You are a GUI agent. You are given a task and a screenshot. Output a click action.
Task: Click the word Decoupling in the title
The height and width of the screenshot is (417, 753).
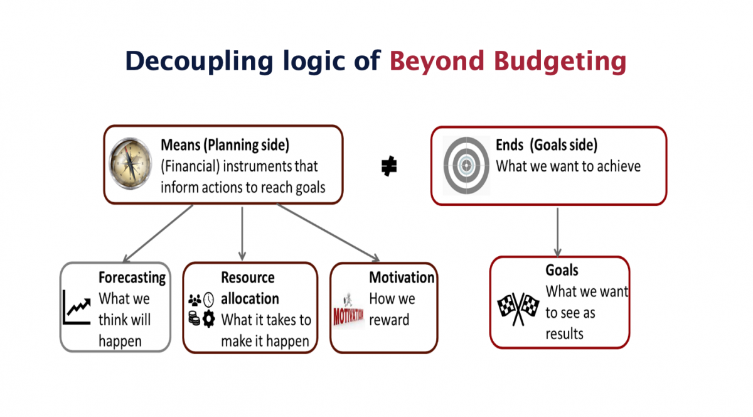click(x=200, y=62)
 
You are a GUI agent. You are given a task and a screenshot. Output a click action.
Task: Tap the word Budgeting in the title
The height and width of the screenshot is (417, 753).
click(x=560, y=62)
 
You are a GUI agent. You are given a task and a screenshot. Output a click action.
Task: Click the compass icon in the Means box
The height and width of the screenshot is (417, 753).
click(x=131, y=163)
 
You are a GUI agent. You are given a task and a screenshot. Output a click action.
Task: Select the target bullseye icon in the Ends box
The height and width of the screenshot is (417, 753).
click(x=466, y=165)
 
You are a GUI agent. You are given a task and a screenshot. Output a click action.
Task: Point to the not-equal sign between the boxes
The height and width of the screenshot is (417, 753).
click(x=389, y=166)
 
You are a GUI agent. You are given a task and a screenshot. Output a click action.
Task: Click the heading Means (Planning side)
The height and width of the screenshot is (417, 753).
click(x=225, y=145)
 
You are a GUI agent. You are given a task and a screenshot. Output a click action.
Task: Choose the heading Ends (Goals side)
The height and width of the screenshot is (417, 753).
click(x=547, y=145)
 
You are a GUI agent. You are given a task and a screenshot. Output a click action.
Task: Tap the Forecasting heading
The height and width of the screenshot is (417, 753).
click(x=132, y=278)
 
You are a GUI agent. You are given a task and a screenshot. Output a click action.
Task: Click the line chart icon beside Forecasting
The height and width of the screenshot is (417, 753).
click(x=77, y=307)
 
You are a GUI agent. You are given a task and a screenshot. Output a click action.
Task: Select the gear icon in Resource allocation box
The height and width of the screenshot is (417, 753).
click(x=209, y=319)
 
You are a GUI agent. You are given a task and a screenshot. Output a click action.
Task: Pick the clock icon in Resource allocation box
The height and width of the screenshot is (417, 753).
click(x=209, y=300)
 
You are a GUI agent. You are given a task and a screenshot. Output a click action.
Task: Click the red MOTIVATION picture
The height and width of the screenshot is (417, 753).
click(x=348, y=311)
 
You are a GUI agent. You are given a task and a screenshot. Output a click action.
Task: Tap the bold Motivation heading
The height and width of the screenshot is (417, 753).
click(x=402, y=278)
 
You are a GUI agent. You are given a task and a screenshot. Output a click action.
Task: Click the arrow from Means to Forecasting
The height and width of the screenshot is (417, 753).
click(x=158, y=233)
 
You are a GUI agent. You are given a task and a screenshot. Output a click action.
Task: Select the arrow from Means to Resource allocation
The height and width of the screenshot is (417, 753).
click(x=242, y=234)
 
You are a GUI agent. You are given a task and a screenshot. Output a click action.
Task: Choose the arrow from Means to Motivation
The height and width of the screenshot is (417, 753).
click(x=328, y=232)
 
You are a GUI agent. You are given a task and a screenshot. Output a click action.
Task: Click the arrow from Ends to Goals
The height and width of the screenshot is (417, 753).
click(x=558, y=232)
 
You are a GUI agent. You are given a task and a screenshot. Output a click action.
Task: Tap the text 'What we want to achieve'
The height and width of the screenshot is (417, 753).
click(x=569, y=166)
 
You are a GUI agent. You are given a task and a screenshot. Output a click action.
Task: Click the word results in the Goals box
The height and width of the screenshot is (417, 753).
click(x=564, y=334)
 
